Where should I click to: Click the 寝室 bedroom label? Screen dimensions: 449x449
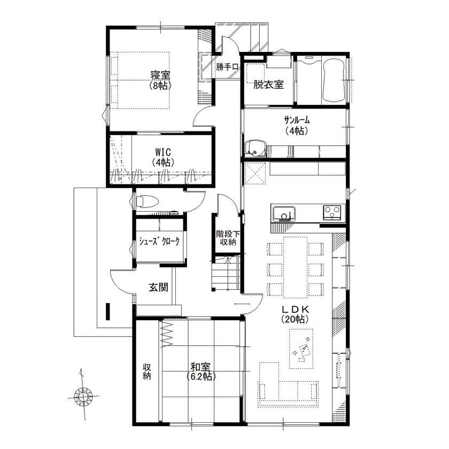157,79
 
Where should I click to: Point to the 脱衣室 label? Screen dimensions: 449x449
268,84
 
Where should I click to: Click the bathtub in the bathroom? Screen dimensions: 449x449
333,81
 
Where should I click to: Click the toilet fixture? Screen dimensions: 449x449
146,202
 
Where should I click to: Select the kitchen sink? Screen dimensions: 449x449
283,213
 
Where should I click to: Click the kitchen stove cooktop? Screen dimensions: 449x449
333,212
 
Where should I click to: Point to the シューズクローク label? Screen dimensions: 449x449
159,242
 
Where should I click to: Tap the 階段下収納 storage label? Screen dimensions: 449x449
226,238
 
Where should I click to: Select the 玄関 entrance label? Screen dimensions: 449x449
159,288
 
